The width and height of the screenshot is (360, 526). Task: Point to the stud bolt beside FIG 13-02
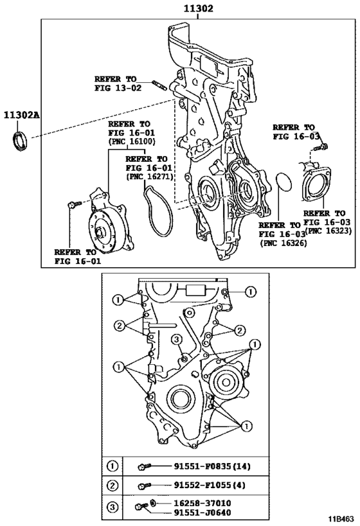click(160, 85)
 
